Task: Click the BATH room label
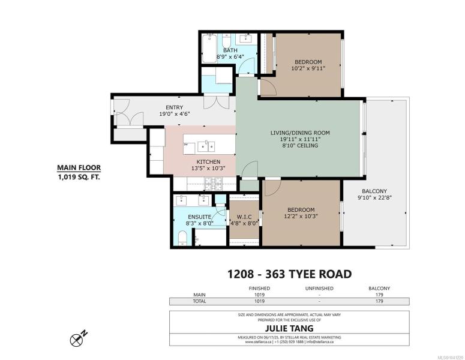230,50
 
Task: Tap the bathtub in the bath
209,49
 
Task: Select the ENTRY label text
174,107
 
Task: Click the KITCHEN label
208,161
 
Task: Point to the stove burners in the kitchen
214,184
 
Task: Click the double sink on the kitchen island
206,146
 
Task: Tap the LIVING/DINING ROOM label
300,133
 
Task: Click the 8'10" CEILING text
300,145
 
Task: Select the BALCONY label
374,191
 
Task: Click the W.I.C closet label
244,217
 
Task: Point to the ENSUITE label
200,217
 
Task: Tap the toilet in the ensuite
182,239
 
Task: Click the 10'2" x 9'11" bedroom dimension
308,68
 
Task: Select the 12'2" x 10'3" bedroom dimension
301,216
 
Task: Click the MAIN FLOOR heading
79,167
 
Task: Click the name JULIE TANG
289,328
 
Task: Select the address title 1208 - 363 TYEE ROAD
289,274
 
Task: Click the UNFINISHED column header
319,288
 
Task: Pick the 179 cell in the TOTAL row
379,301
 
